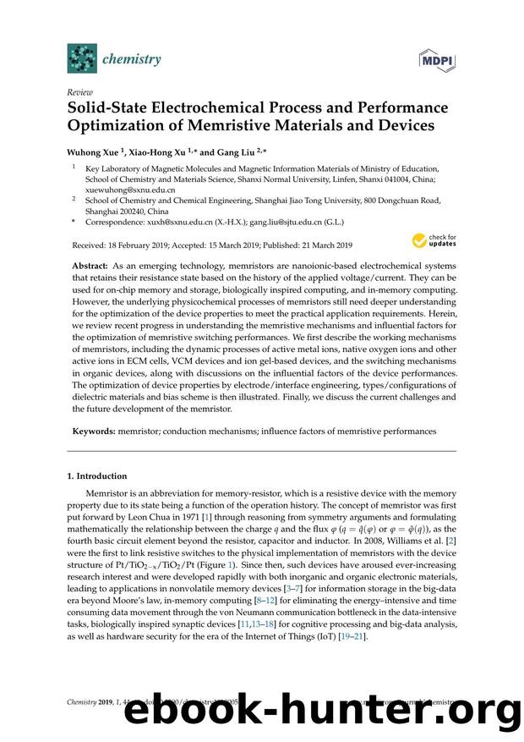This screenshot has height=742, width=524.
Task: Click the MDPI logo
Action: (x=434, y=59)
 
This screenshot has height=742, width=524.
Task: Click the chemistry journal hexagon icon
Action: (x=83, y=59)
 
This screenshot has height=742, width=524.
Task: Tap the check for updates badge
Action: (x=434, y=241)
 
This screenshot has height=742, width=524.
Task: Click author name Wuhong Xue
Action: (x=93, y=151)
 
